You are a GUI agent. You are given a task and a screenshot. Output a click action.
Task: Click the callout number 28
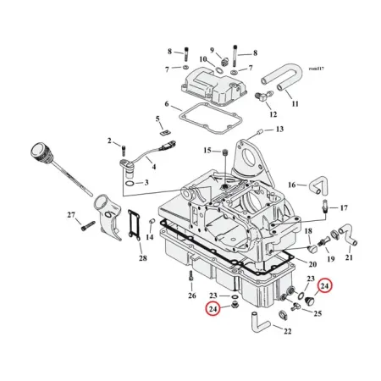143,258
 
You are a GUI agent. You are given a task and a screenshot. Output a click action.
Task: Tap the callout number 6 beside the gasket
167,104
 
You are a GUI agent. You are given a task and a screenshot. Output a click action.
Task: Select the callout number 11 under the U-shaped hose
295,104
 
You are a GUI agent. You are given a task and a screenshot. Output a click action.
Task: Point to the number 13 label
279,130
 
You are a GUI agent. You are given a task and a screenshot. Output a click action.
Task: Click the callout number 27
71,215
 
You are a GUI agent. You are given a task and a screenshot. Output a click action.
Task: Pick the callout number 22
287,331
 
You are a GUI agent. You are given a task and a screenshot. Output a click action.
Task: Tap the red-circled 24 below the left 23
213,309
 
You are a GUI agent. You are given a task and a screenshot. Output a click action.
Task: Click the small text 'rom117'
317,69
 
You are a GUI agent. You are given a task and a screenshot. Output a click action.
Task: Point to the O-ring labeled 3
130,185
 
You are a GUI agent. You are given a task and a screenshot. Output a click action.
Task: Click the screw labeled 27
88,225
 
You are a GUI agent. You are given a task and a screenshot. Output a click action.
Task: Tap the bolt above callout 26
191,276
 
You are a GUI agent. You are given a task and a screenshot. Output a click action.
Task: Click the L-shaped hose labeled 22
259,322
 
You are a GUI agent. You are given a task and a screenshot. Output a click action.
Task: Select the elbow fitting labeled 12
263,96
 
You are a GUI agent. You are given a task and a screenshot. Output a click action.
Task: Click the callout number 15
207,151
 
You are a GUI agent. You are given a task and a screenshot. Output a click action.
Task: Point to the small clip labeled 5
163,132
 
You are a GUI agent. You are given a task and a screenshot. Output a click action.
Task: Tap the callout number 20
312,264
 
